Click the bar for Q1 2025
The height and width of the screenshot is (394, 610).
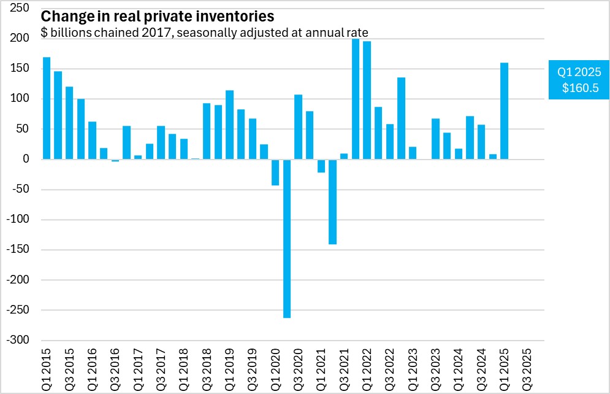click(504, 111)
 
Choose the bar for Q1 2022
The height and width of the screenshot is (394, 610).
click(367, 100)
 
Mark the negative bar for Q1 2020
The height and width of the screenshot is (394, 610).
click(275, 172)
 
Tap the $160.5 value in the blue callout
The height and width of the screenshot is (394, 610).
click(576, 88)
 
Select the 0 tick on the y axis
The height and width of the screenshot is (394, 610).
click(25, 160)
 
